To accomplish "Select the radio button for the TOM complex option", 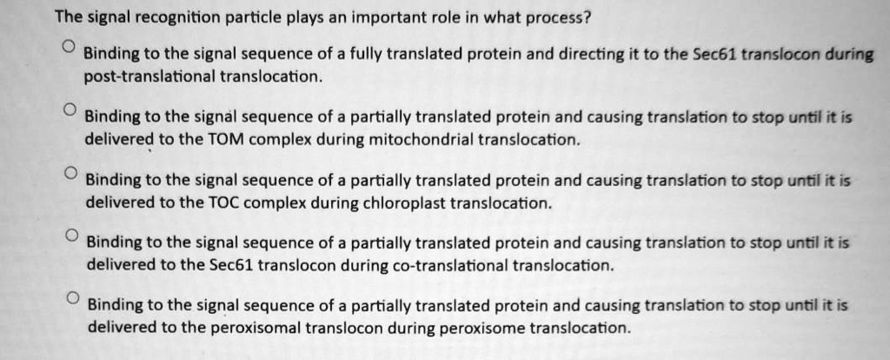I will (69, 110).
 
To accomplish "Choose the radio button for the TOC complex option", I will (69, 172).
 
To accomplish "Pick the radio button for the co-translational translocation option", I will (70, 236).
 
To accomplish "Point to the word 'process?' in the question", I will (560, 18).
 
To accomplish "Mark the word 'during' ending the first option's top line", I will (852, 55).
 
